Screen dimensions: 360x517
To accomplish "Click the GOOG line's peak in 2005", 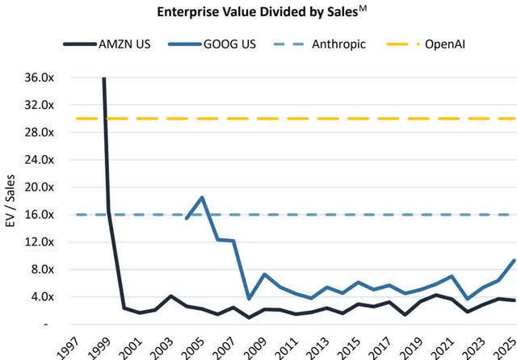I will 202,197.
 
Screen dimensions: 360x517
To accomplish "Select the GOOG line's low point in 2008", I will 248,299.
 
